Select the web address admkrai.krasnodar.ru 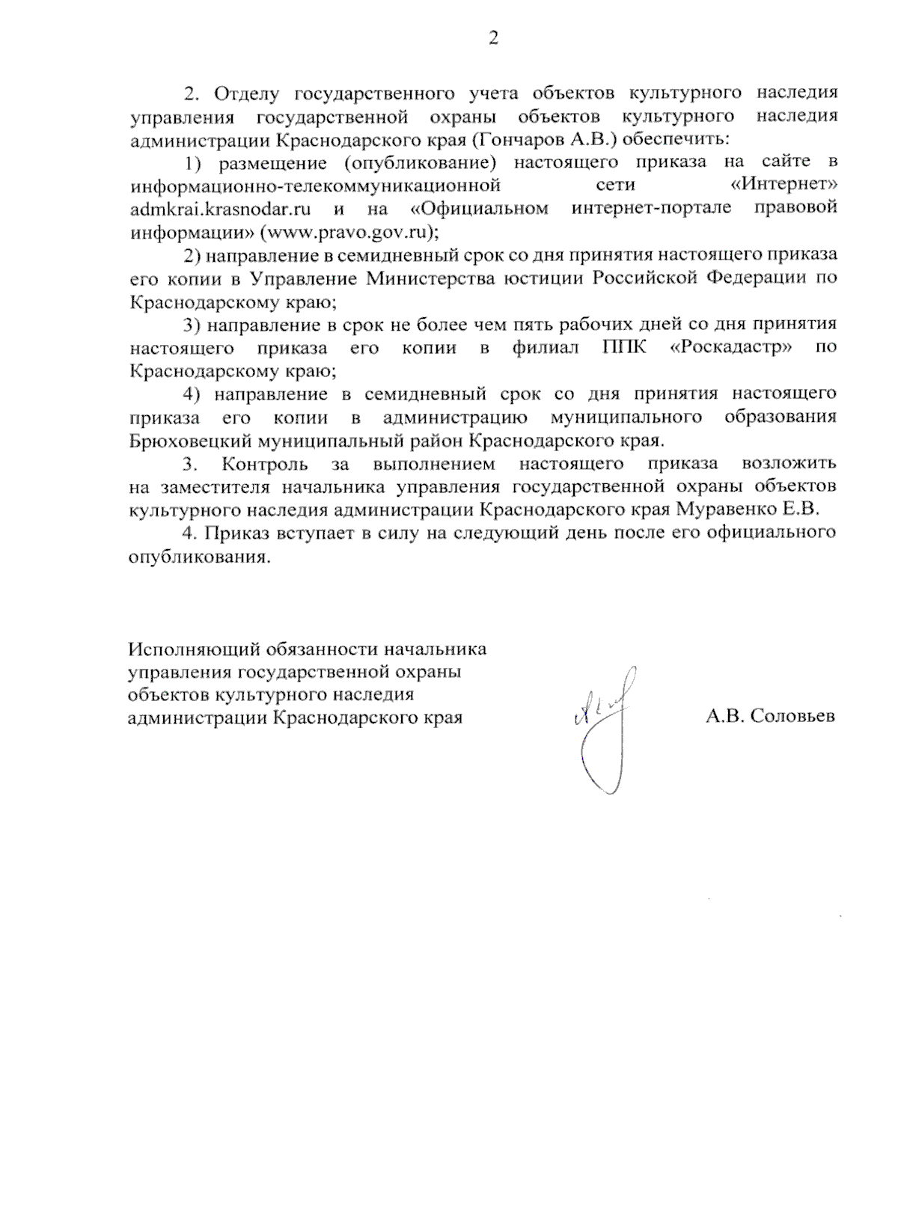click(x=220, y=208)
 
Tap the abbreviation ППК click(x=623, y=348)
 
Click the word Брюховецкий click(x=190, y=441)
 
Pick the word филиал click(x=545, y=348)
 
